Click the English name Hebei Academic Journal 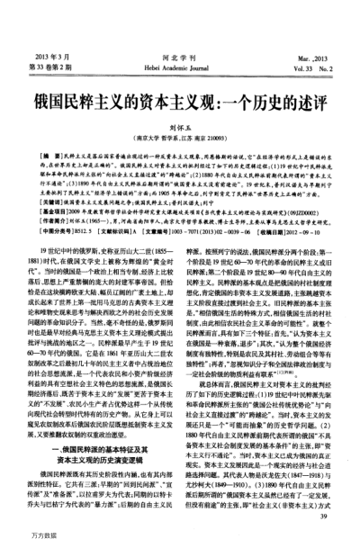pos(181,40)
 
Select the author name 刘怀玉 pos(180,104)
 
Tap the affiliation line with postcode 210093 pos(180,114)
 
